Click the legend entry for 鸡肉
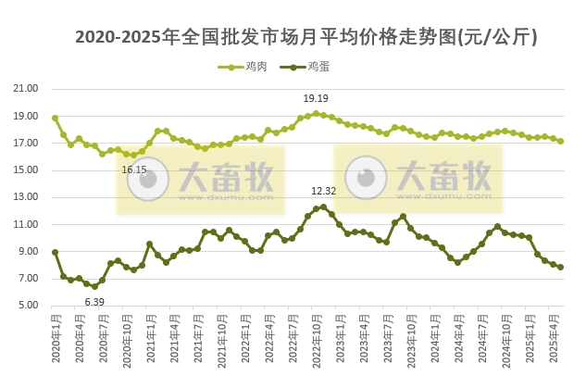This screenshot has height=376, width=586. pyautogui.click(x=245, y=67)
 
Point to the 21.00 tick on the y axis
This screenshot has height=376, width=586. pyautogui.click(x=25, y=89)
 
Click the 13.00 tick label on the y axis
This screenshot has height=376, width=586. pyautogui.click(x=25, y=197)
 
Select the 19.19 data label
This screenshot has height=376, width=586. pyautogui.click(x=316, y=98)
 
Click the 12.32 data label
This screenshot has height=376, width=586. pyautogui.click(x=323, y=191)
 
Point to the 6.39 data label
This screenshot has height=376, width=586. pyautogui.click(x=94, y=302)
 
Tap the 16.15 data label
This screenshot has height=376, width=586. pyautogui.click(x=134, y=170)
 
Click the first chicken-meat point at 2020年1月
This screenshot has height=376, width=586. pyautogui.click(x=55, y=118)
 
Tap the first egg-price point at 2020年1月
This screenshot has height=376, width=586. pyautogui.click(x=55, y=252)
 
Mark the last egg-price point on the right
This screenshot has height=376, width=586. pyautogui.click(x=561, y=268)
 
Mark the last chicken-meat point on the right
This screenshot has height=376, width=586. pyautogui.click(x=561, y=142)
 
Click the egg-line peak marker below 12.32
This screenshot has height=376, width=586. pyautogui.click(x=323, y=207)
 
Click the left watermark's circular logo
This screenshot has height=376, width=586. pyautogui.click(x=147, y=179)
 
